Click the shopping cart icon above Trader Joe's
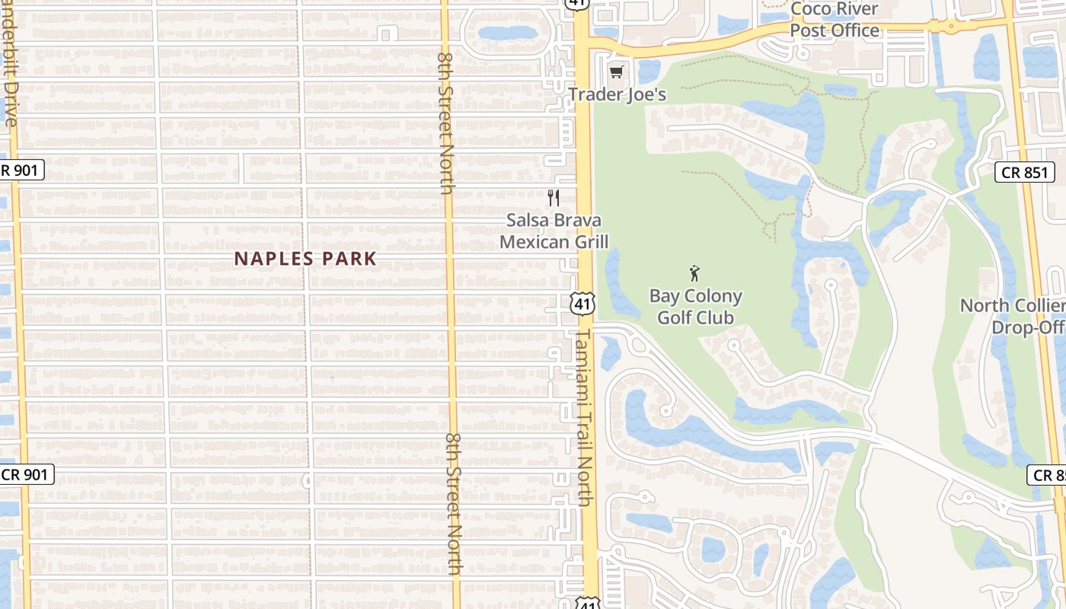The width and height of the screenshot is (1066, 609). pyautogui.click(x=616, y=72)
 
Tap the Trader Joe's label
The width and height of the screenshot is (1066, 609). pyautogui.click(x=617, y=94)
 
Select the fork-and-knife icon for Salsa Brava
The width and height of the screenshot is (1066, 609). pyautogui.click(x=554, y=198)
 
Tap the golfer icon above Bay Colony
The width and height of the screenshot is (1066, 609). pyautogui.click(x=694, y=273)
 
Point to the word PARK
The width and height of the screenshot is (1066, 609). pyautogui.click(x=349, y=259)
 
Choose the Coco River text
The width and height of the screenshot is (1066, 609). pyautogui.click(x=835, y=9)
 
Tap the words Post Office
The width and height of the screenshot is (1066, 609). pyautogui.click(x=835, y=30)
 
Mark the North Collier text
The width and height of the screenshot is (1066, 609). pyautogui.click(x=1012, y=306)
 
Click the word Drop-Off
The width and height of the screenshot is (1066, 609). pyautogui.click(x=1027, y=327)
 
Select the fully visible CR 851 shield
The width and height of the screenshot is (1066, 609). pyautogui.click(x=1024, y=173)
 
